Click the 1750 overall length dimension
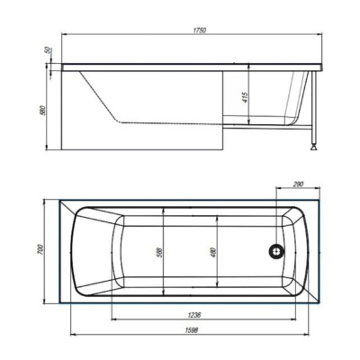pos(200,31)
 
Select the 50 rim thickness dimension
pos(48,50)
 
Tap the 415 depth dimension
pos(245,98)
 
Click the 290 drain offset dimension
pos(298,184)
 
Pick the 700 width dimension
pos(41,250)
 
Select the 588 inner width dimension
pos(159,252)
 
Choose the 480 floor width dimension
pos(213,252)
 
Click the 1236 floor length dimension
pos(194,315)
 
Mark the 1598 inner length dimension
pos(193,330)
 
